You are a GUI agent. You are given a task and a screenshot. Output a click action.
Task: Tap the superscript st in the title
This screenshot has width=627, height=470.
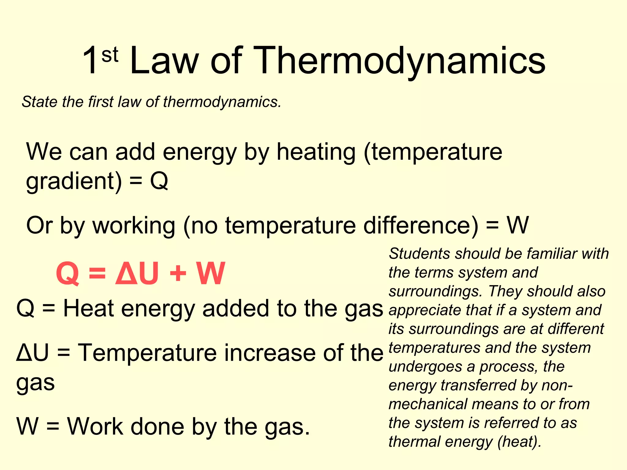point(110,55)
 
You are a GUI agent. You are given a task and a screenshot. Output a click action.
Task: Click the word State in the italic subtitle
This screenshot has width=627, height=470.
point(39,102)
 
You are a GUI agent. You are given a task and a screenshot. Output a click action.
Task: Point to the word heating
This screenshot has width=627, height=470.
point(316,152)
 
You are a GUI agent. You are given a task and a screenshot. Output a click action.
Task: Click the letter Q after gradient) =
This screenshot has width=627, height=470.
point(159,181)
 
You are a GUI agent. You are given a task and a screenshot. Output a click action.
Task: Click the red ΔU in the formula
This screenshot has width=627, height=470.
point(137,273)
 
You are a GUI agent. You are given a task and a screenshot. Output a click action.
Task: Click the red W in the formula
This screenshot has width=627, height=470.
point(211,273)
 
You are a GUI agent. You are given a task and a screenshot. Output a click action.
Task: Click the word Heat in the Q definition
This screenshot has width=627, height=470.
point(88,308)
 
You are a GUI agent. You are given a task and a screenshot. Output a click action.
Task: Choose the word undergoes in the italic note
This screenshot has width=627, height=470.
point(425,367)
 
